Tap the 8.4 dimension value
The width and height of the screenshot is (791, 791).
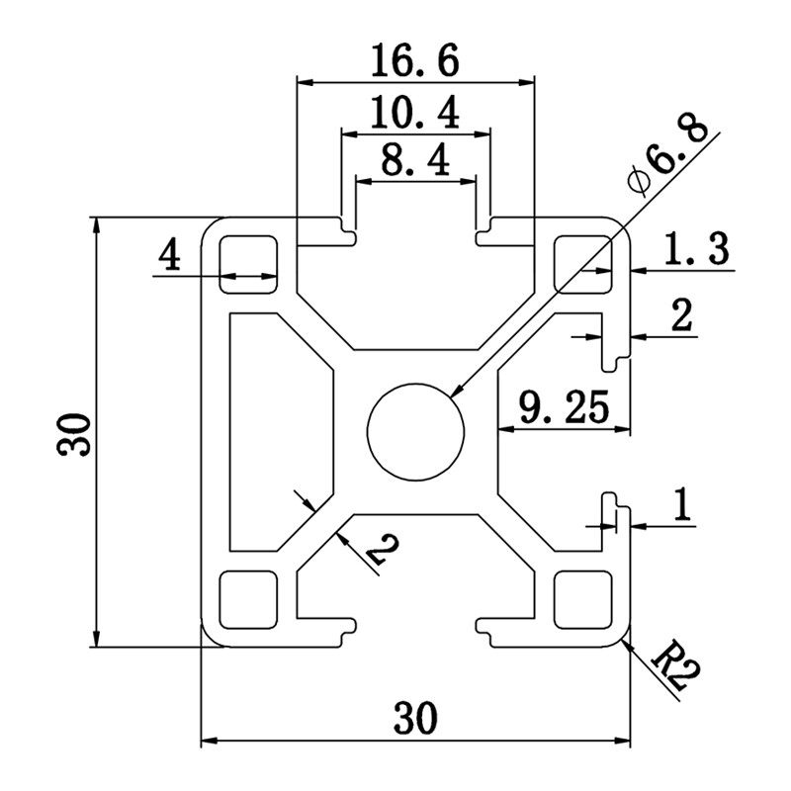click(x=416, y=161)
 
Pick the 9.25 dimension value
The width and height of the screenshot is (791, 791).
click(x=564, y=408)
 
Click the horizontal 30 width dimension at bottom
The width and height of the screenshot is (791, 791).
click(x=416, y=719)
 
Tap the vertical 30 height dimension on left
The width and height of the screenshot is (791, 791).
click(x=75, y=433)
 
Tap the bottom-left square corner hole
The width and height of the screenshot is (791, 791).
click(x=248, y=598)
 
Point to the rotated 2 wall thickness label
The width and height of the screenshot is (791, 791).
click(x=375, y=554)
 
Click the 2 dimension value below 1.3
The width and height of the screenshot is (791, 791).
click(x=681, y=317)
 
